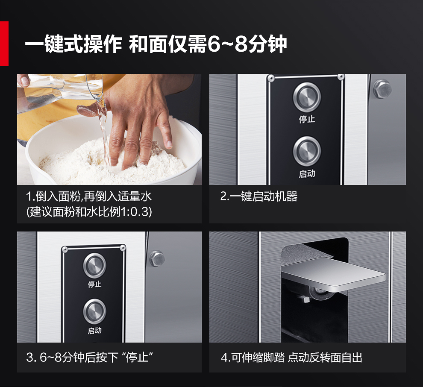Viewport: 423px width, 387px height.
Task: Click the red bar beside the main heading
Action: point(4,44)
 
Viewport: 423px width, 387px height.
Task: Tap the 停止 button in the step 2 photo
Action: point(307,97)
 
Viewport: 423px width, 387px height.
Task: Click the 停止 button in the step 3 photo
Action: point(95,266)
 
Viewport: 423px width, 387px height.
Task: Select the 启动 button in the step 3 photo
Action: point(95,311)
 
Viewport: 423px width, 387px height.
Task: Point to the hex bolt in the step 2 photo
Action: point(382,89)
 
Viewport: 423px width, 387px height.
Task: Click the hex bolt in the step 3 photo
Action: point(157,258)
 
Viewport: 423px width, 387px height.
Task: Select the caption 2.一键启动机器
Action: point(258,196)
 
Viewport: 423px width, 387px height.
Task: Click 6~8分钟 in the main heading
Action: point(247,44)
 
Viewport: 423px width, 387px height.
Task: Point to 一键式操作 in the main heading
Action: point(73,44)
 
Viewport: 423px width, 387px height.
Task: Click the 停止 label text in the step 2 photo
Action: point(307,119)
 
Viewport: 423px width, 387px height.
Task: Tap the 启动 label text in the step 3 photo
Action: point(95,330)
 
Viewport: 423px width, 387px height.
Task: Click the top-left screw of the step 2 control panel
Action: point(271,79)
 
